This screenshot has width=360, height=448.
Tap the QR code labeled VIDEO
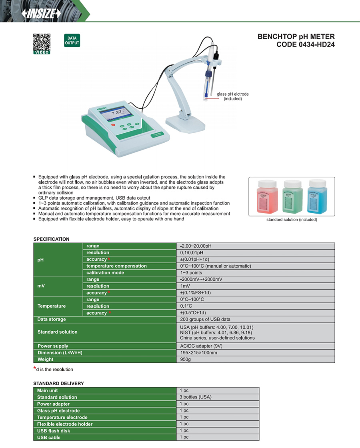(x=41, y=42)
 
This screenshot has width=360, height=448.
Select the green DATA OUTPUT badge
(x=72, y=41)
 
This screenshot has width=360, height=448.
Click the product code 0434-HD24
(x=306, y=44)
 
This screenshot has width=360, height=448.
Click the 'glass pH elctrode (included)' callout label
(x=232, y=96)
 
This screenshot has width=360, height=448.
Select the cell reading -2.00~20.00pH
(x=196, y=246)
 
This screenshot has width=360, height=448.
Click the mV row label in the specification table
(x=42, y=286)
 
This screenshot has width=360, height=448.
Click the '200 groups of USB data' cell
(x=205, y=319)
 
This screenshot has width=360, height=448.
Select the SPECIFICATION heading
(x=51, y=239)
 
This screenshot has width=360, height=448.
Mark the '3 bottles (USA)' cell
(x=195, y=397)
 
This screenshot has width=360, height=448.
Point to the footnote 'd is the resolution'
(x=54, y=370)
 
